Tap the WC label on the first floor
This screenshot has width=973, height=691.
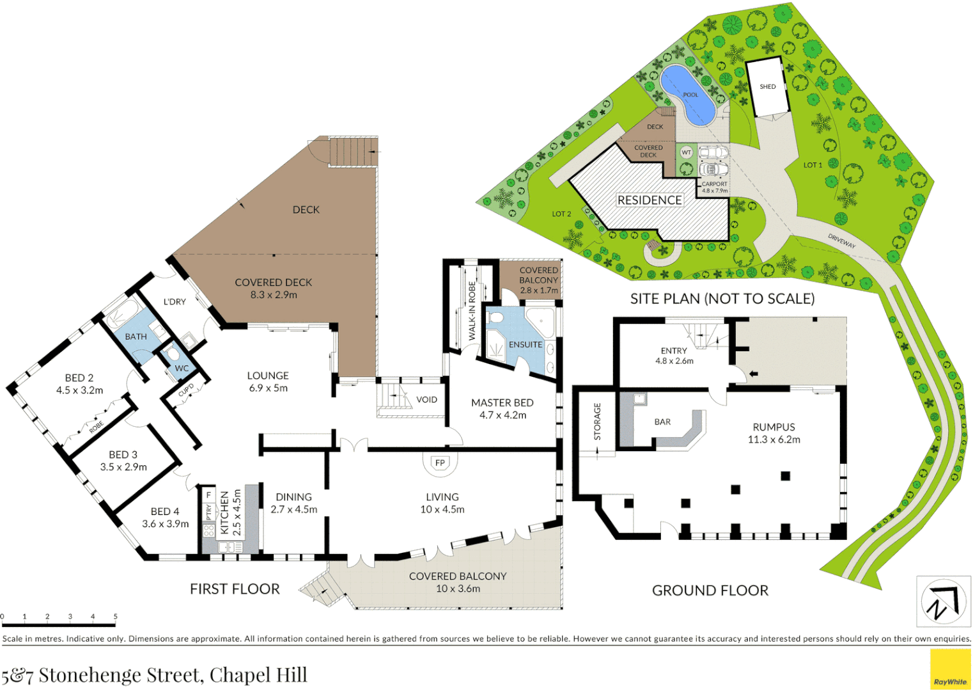pyautogui.click(x=182, y=369)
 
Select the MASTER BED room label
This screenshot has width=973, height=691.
pyautogui.click(x=502, y=402)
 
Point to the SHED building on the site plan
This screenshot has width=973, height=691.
pyautogui.click(x=767, y=87)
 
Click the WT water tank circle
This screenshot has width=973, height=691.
pyautogui.click(x=686, y=152)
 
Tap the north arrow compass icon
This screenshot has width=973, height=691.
pyautogui.click(x=943, y=601)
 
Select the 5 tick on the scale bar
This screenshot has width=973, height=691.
pyautogui.click(x=116, y=617)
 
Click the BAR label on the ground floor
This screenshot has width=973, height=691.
pyautogui.click(x=662, y=422)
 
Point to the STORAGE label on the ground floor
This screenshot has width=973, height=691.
pyautogui.click(x=597, y=421)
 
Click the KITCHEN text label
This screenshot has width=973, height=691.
pyautogui.click(x=224, y=512)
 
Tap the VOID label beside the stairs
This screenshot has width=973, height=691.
pyautogui.click(x=426, y=400)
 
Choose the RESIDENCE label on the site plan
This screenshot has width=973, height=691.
pyautogui.click(x=649, y=200)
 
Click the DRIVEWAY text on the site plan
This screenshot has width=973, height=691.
pyautogui.click(x=841, y=241)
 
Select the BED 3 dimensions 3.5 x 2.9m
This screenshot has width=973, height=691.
pyautogui.click(x=123, y=467)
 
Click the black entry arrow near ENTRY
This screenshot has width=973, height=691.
pyautogui.click(x=754, y=374)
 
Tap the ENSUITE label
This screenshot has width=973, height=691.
pyautogui.click(x=525, y=344)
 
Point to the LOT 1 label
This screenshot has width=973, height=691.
pyautogui.click(x=813, y=165)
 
